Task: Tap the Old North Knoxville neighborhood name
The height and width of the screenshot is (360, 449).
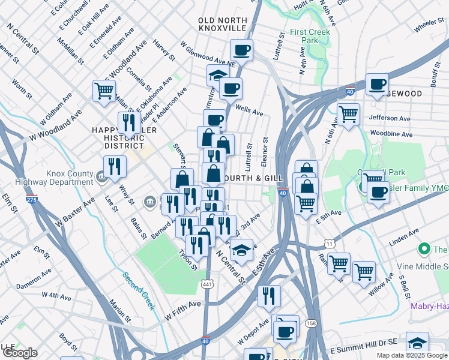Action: pos(222,24)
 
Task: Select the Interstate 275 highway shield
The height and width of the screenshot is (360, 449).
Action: pos(32,199)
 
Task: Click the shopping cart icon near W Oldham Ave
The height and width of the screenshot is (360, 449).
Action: pos(104,91)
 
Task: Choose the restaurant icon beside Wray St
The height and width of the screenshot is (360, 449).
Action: pos(114,166)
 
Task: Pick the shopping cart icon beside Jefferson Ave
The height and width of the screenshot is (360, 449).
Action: pos(348,113)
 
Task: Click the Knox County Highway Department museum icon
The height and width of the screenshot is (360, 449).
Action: pos(101,176)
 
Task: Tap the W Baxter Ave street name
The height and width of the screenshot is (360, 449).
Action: pos(76,212)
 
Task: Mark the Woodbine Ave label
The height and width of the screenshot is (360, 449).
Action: pos(390,134)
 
